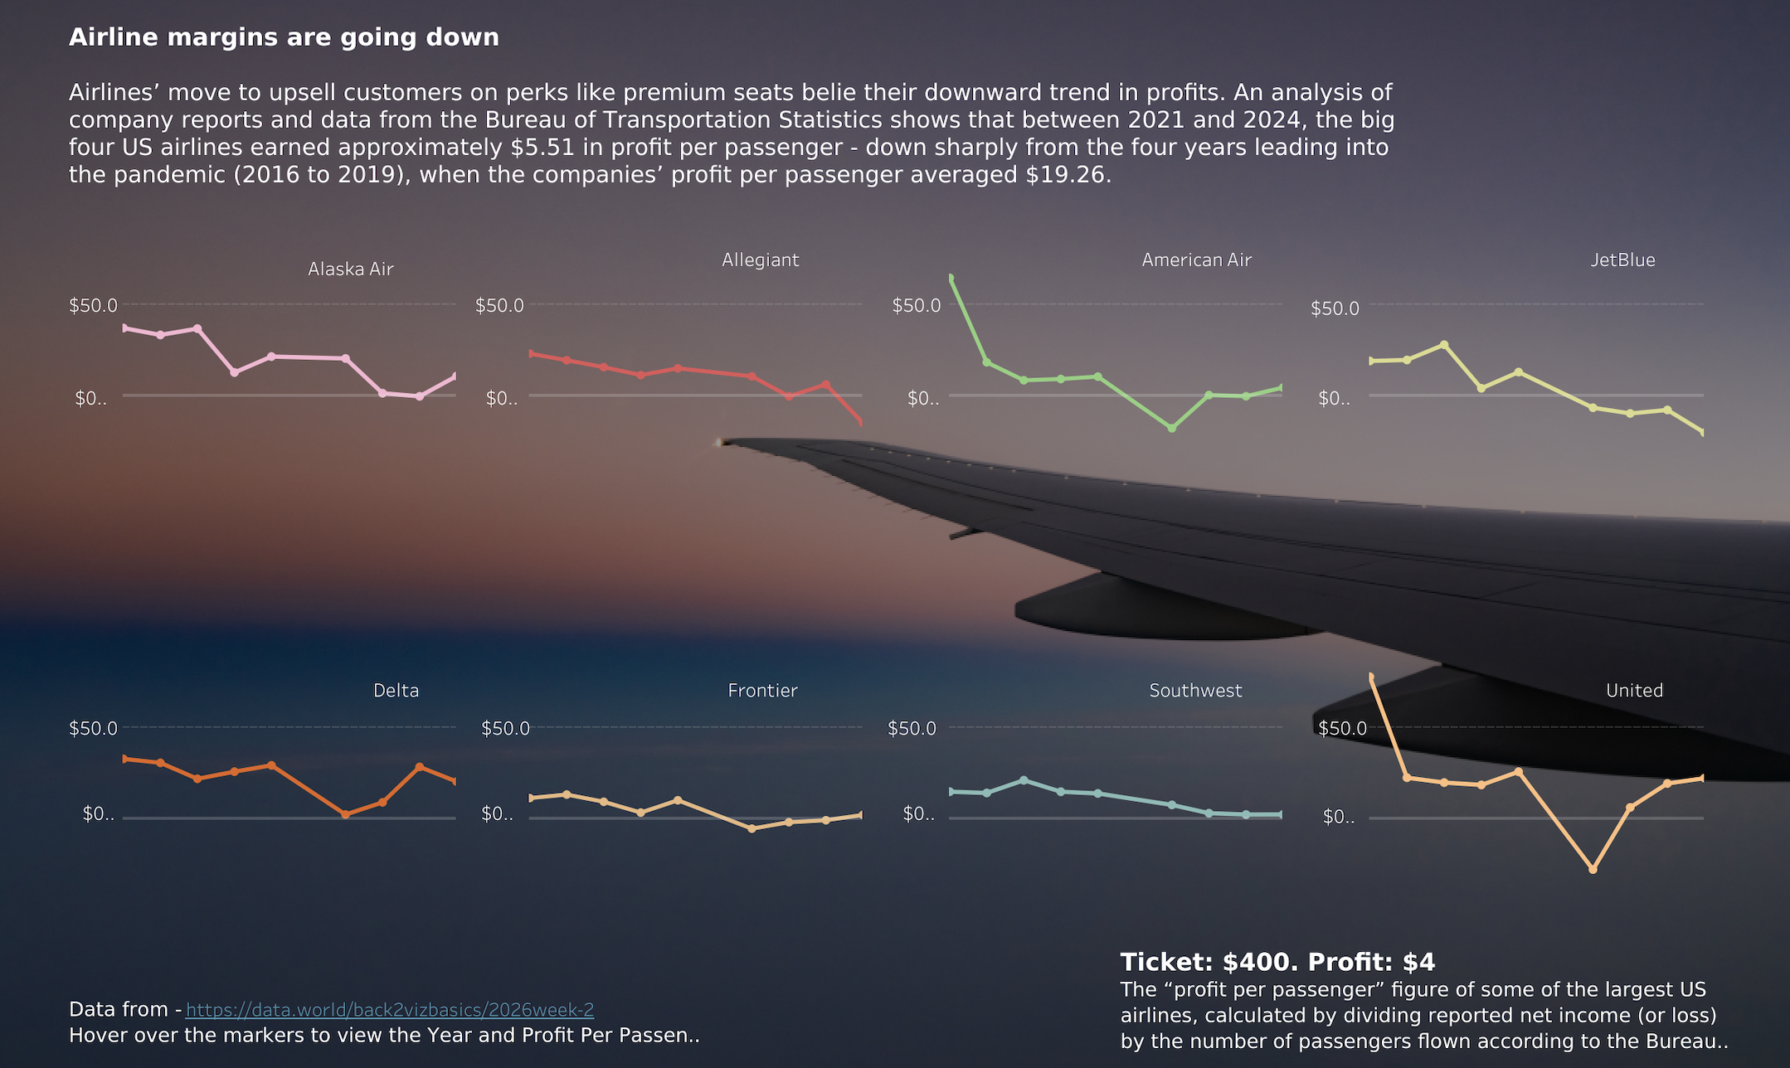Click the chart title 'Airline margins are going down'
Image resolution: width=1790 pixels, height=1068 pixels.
(x=284, y=37)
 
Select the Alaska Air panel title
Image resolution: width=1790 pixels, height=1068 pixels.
(x=350, y=269)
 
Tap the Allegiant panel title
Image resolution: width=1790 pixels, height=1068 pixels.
(x=760, y=260)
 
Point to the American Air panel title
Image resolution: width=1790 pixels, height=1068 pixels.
(x=1196, y=260)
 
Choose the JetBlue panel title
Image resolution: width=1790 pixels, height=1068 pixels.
(x=1622, y=260)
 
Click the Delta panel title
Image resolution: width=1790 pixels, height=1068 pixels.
(x=396, y=690)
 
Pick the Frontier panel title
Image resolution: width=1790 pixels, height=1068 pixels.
(x=762, y=690)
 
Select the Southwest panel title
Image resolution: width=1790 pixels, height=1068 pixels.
(x=1195, y=690)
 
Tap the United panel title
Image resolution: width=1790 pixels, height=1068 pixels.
(x=1634, y=690)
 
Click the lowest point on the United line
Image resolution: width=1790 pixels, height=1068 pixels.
(x=1593, y=869)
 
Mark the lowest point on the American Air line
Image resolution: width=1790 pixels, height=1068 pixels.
(x=1171, y=428)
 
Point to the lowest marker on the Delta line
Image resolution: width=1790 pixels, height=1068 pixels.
(x=345, y=814)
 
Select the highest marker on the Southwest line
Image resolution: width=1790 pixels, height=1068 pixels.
(x=1024, y=780)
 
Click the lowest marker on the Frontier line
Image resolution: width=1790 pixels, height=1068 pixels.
(x=752, y=828)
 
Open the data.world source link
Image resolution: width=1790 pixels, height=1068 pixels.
(x=390, y=1009)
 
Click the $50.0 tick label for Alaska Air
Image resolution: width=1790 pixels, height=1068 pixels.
(x=93, y=305)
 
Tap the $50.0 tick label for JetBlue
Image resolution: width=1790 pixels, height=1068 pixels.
(x=1335, y=308)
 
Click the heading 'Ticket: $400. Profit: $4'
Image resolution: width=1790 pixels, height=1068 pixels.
(x=1277, y=962)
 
